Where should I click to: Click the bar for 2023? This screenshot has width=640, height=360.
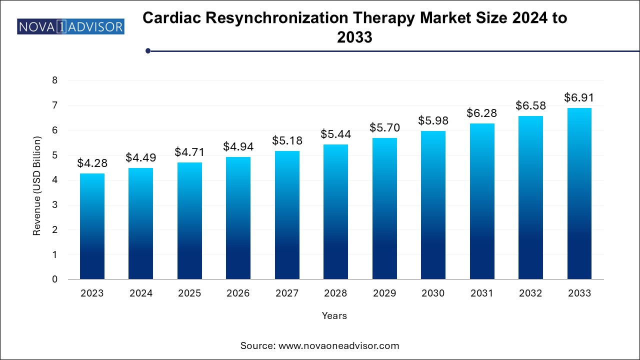pos(92,226)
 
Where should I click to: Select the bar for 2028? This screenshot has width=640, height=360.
pos(335,211)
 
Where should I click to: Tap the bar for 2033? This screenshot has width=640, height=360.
pos(579,193)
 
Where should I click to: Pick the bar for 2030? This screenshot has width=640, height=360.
pos(433,205)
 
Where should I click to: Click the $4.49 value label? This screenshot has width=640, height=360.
pos(140,158)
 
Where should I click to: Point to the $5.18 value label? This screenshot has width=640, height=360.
pos(287,141)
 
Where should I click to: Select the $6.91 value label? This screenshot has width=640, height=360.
pos(579,97)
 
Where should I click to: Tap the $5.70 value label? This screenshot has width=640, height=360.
pos(384,128)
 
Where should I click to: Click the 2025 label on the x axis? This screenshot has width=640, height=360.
pos(189,293)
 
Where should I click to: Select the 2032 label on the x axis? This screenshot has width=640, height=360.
pos(530,293)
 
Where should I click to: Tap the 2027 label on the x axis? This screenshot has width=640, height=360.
pos(287,293)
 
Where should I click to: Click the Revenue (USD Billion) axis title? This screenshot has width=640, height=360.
pos(36,185)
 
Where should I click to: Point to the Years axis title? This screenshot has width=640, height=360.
pos(334,315)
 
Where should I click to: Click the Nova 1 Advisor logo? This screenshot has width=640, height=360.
pos(70,26)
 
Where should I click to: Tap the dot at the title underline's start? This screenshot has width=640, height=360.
pos(148,50)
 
